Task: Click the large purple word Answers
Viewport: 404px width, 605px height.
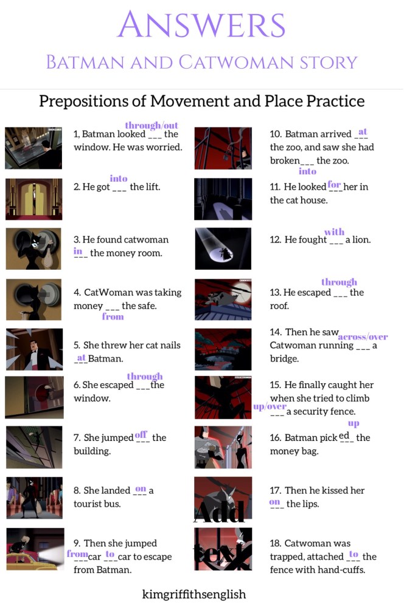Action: [202, 26]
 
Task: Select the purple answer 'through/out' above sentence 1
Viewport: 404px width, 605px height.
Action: [151, 125]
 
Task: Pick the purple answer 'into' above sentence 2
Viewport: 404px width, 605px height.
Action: [119, 178]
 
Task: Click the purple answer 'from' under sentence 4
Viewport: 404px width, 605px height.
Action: [113, 316]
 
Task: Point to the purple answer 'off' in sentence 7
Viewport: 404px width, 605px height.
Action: [141, 434]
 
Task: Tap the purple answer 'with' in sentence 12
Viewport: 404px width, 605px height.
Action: [334, 231]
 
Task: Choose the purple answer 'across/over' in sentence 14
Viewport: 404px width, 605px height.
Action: [363, 337]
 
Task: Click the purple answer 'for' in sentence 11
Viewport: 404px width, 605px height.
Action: [335, 183]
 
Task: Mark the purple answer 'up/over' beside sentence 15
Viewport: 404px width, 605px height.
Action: [270, 406]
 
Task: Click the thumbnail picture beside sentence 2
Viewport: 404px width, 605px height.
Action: [33, 199]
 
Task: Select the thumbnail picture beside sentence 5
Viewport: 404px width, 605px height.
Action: [33, 349]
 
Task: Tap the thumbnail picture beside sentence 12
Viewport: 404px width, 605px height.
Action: [223, 248]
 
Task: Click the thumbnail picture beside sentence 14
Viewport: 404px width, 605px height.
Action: [223, 349]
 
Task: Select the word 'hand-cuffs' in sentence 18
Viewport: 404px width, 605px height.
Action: [347, 570]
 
